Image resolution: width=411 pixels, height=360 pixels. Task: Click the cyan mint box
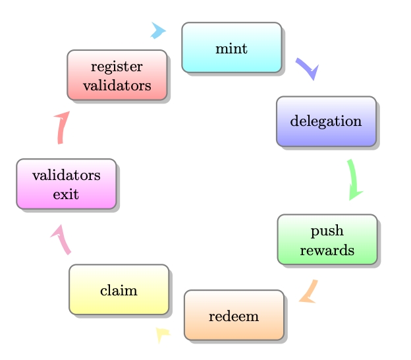[231, 47]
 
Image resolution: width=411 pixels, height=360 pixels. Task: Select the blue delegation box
[326, 121]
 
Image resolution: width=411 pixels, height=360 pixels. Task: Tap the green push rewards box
[327, 239]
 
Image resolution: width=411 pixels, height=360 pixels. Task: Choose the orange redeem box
[234, 315]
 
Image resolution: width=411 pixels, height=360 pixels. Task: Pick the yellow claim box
[119, 289]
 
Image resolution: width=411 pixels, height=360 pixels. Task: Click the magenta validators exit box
[66, 184]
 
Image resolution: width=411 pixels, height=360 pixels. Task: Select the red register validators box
[117, 75]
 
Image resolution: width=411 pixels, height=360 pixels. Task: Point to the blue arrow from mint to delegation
[306, 68]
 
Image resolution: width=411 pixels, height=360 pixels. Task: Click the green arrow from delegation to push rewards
[354, 179]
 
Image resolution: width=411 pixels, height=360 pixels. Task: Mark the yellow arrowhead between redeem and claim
[161, 334]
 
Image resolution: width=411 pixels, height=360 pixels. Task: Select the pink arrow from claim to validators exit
[61, 239]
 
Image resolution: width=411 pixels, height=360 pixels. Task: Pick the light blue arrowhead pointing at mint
[158, 30]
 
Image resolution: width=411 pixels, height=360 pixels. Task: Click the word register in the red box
[117, 67]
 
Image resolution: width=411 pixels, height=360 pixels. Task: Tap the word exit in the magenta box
[66, 194]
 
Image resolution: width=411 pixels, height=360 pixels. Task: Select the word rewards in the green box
[327, 250]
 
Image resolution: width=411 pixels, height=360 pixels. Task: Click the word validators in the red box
[117, 85]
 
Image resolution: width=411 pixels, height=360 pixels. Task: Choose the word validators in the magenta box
[66, 175]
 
